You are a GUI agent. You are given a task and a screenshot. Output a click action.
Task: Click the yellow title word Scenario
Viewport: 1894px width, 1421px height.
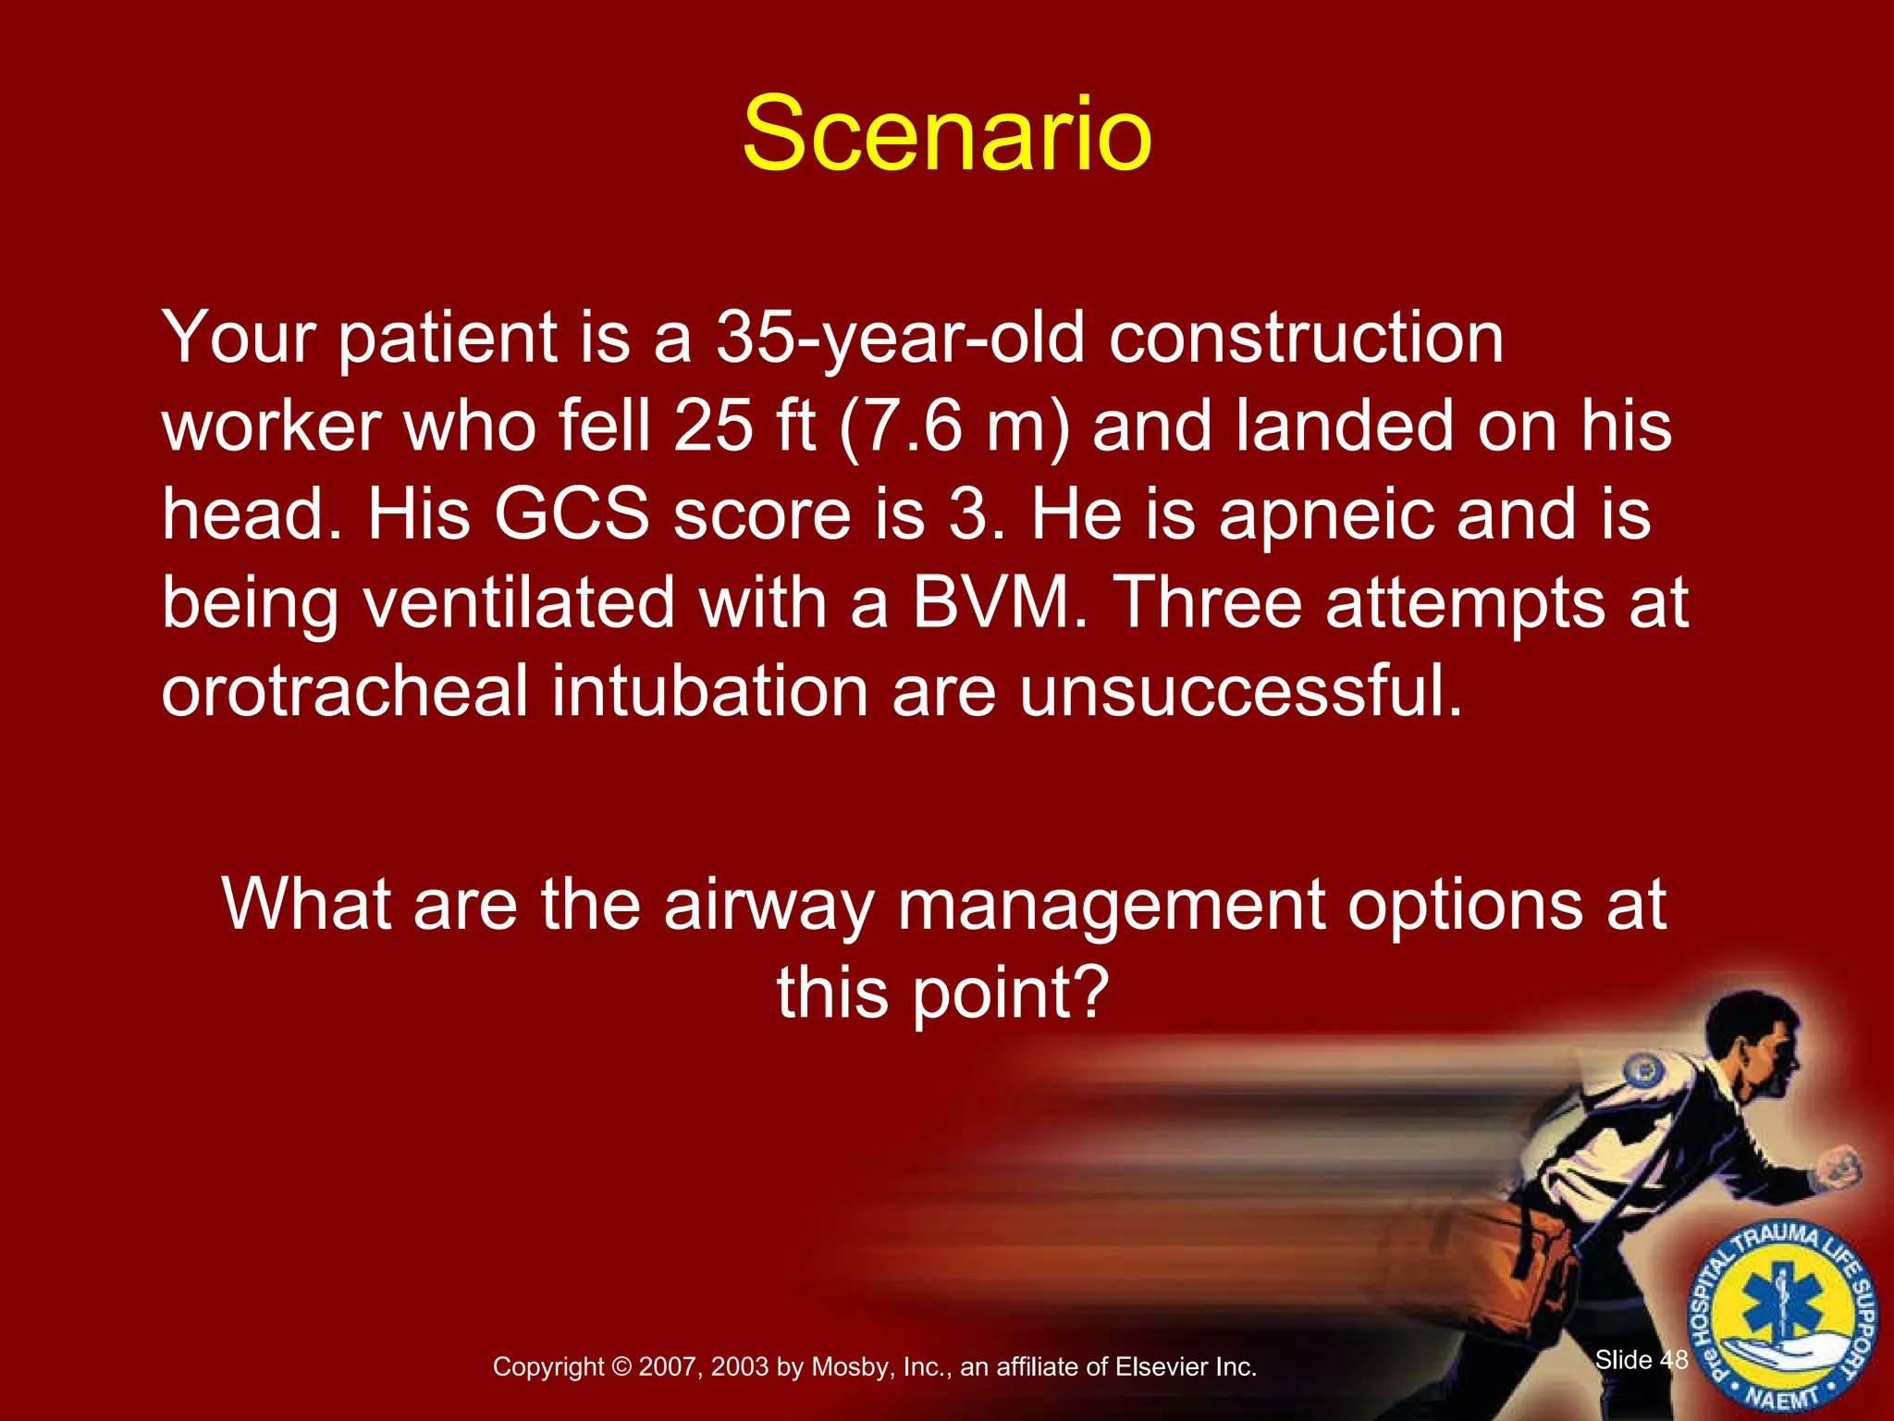click(x=947, y=134)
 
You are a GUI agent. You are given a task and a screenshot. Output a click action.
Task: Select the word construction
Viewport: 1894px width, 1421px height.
click(x=1306, y=339)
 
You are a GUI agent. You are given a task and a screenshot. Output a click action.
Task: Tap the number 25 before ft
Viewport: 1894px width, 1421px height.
click(x=713, y=426)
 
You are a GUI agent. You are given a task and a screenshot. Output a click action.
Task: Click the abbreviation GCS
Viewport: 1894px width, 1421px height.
click(x=572, y=514)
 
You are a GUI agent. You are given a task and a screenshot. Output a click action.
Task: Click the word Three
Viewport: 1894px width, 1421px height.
click(x=1208, y=603)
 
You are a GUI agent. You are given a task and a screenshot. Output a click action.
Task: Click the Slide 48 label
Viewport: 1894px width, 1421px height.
click(x=1642, y=1360)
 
